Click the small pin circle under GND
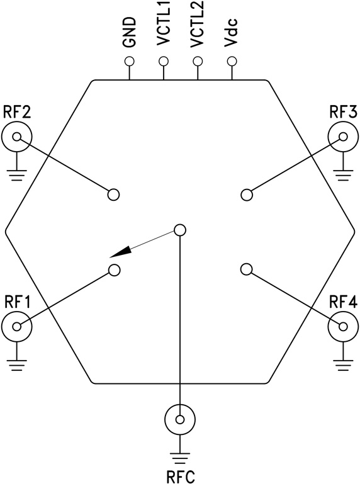pyautogui.click(x=130, y=62)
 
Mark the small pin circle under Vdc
pyautogui.click(x=232, y=62)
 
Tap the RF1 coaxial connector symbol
pyautogui.click(x=16, y=326)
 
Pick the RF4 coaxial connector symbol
pyautogui.click(x=343, y=326)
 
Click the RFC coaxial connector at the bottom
pyautogui.click(x=180, y=419)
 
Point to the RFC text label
pyautogui.click(x=180, y=473)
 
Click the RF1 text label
pyautogui.click(x=18, y=300)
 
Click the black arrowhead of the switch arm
pyautogui.click(x=122, y=251)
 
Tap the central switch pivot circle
pyautogui.click(x=180, y=230)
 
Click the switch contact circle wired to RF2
pyautogui.click(x=114, y=194)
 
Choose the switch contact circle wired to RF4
pyautogui.click(x=246, y=269)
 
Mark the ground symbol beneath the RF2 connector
pyautogui.click(x=16, y=171)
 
